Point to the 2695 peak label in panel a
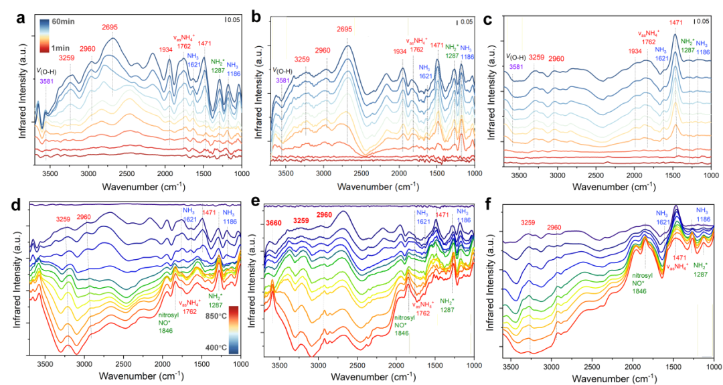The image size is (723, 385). [112, 27]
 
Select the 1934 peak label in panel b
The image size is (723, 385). [400, 52]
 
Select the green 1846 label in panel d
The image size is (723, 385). [165, 330]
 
